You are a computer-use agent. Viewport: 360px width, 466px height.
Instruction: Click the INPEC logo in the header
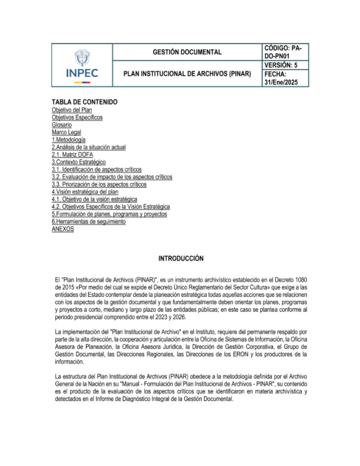[82, 67]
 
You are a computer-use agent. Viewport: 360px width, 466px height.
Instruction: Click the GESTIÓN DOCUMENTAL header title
[187, 52]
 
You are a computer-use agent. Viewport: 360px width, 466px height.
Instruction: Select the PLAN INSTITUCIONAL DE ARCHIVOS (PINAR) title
[187, 74]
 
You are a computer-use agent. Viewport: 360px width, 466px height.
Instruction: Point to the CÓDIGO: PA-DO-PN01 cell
[283, 52]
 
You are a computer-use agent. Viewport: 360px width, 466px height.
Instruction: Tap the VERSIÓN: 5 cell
[281, 65]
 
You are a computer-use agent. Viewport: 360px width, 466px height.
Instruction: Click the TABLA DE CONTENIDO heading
[85, 102]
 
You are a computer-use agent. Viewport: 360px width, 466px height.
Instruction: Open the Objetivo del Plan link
[72, 110]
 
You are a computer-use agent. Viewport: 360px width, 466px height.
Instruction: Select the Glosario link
[62, 125]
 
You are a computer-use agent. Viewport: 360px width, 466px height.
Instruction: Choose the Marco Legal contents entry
[66, 132]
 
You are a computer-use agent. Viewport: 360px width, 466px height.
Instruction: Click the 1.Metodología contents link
[68, 140]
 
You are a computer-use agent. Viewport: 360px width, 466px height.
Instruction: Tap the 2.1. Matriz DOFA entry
[72, 154]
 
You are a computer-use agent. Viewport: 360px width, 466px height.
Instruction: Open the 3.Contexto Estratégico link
[78, 162]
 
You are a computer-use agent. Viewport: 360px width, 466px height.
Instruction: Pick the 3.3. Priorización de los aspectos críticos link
[99, 184]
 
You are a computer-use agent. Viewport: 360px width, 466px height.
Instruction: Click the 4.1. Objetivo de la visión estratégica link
[94, 199]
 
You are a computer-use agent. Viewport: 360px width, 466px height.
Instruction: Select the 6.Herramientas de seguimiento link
[89, 221]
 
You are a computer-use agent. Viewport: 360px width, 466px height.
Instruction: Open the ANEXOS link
[63, 229]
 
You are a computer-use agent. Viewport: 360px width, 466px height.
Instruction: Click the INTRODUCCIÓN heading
[181, 258]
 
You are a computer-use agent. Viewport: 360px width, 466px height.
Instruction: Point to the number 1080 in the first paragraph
[301, 280]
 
